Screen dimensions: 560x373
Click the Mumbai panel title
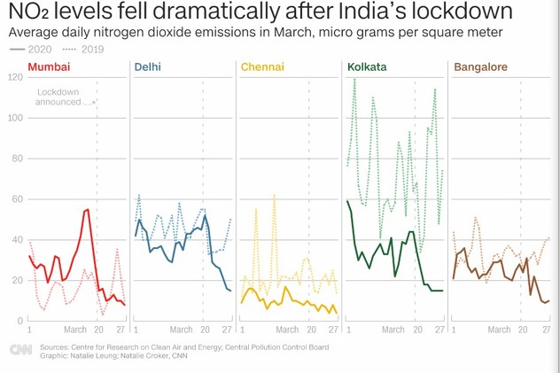point(49,67)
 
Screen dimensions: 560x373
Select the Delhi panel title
point(147,67)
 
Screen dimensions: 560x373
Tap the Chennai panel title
point(262,67)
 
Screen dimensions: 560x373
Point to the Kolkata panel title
point(367,67)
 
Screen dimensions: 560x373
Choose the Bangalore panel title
point(481,67)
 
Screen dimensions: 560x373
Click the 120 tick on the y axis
point(15,77)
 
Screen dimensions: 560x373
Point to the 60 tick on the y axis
point(18,199)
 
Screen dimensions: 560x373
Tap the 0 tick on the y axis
point(20,321)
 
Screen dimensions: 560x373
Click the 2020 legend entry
point(31,50)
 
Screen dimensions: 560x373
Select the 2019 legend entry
point(83,50)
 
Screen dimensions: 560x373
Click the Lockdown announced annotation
point(58,97)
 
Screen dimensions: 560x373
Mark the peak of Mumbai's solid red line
point(88,209)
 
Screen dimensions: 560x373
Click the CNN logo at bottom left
point(20,350)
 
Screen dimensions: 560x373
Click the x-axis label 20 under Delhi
point(205,330)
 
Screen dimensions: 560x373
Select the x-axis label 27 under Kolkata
point(439,330)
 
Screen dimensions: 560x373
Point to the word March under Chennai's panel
point(287,330)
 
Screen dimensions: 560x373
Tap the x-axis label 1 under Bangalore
point(454,330)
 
